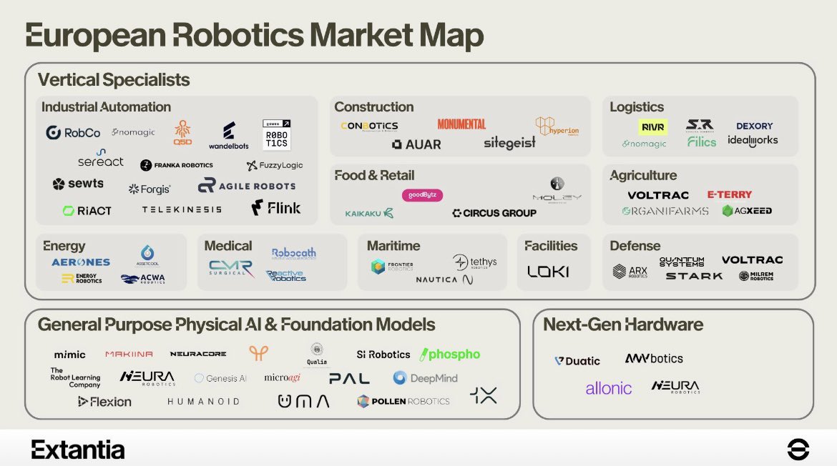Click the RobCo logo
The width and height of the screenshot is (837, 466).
tap(73, 133)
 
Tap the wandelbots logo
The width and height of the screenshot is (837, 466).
tap(229, 136)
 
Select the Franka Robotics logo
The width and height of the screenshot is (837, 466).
tap(177, 165)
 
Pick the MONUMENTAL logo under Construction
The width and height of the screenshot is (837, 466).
tap(461, 124)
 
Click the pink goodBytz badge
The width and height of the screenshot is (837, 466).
tap(422, 194)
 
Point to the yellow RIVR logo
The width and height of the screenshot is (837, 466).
tap(653, 127)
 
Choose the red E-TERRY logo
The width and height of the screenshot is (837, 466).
tap(729, 194)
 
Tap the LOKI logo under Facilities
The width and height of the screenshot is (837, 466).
tap(548, 272)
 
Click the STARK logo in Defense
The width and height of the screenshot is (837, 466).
tap(694, 276)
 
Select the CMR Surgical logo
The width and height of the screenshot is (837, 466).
tap(230, 268)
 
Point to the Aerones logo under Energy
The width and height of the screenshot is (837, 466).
tap(81, 262)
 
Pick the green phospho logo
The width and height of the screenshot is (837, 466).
tap(450, 355)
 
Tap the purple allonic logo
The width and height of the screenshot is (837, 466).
tap(609, 388)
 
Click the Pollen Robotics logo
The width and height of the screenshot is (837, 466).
tap(403, 401)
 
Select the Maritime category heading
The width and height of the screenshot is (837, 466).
tap(393, 246)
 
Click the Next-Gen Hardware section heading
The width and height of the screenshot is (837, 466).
tap(623, 324)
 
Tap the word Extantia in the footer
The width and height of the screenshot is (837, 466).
tap(78, 450)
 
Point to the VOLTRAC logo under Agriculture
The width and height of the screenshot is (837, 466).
tap(658, 195)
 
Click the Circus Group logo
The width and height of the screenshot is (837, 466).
tap(494, 213)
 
